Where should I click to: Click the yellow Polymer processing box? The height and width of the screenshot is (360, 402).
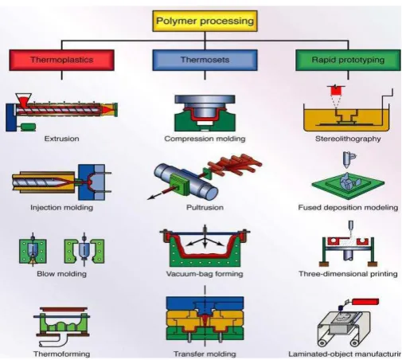click(x=205, y=21)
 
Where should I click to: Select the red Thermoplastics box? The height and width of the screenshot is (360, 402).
click(x=61, y=60)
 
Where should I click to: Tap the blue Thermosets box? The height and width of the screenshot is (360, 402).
click(x=205, y=60)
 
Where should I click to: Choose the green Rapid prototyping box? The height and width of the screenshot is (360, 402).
click(x=348, y=60)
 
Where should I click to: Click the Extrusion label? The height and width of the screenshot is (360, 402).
click(x=61, y=139)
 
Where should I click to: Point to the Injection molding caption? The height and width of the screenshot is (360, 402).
click(x=61, y=207)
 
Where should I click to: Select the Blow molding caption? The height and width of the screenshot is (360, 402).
click(x=61, y=274)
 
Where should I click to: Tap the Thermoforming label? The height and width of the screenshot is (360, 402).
click(x=61, y=354)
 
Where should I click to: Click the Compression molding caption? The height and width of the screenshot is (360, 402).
click(x=205, y=139)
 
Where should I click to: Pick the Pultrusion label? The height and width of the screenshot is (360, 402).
click(x=205, y=207)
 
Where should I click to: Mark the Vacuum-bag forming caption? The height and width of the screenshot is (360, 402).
click(x=205, y=274)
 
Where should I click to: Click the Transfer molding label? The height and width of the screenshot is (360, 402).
click(x=205, y=354)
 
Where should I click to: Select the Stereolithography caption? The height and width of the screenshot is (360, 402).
click(x=348, y=139)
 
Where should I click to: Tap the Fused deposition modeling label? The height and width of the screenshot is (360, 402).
click(x=348, y=207)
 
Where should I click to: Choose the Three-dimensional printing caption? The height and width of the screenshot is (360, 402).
click(x=348, y=274)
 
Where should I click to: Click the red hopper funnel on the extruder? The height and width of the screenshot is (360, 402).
click(x=23, y=100)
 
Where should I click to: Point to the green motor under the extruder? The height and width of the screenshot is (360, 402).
click(x=28, y=127)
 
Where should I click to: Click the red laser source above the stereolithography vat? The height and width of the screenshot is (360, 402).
click(x=336, y=91)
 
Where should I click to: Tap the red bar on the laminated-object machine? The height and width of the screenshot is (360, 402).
click(x=365, y=302)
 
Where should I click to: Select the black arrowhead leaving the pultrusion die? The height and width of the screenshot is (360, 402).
click(x=151, y=197)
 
